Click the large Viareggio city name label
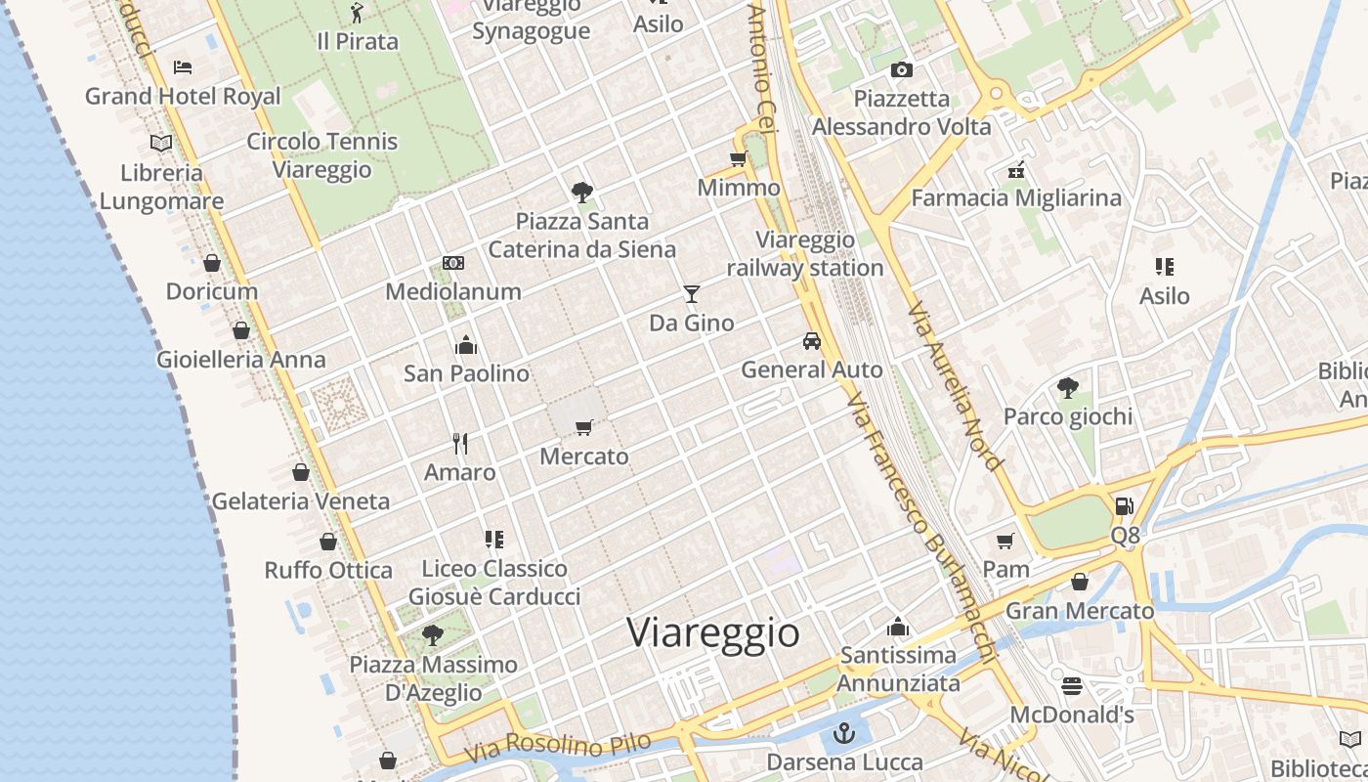coord(713,632)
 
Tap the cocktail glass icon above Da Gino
coord(692,293)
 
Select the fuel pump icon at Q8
coord(1125,506)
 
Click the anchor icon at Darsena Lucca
coord(844,733)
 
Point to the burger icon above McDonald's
coord(1072,686)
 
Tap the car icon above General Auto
coord(811,341)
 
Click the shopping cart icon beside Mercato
coord(584,427)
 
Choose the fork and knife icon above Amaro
coord(460,444)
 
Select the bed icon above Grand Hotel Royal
coord(183,67)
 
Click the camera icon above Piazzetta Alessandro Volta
coord(902,69)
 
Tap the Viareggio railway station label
coord(805,254)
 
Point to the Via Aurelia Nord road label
coord(956,386)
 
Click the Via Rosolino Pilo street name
coord(557,749)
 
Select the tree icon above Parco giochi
coord(1068,388)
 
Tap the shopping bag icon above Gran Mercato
coord(1080,583)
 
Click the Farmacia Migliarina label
coord(1016,198)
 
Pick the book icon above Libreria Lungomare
coord(161,144)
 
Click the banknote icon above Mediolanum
coord(453,263)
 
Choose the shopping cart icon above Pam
coord(1005,541)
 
